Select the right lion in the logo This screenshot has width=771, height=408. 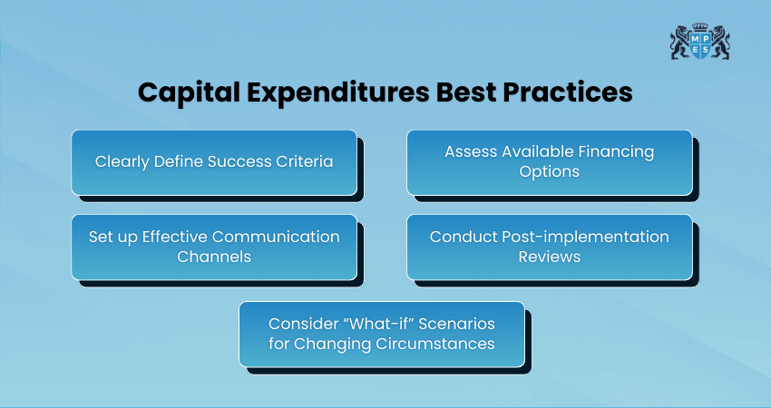[720, 44]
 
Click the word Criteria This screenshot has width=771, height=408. [304, 162]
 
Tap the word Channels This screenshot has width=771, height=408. [214, 256]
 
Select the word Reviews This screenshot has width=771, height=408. [549, 256]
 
